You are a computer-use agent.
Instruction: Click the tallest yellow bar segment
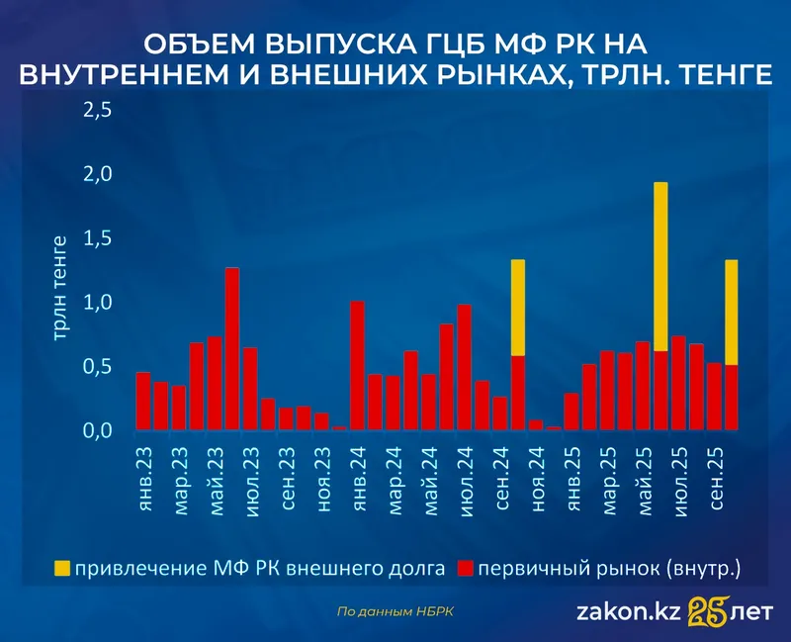tap(660, 267)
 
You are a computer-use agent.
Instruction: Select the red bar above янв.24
tap(357, 366)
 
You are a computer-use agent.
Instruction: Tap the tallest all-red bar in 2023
tap(232, 349)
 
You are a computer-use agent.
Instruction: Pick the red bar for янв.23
tap(143, 402)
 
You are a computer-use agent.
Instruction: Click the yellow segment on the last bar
tap(732, 313)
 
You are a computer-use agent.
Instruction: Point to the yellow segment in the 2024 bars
tap(517, 308)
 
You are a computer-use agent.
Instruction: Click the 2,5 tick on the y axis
tap(98, 110)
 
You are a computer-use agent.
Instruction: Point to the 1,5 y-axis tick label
tap(98, 238)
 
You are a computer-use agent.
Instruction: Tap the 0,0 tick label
tap(98, 431)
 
